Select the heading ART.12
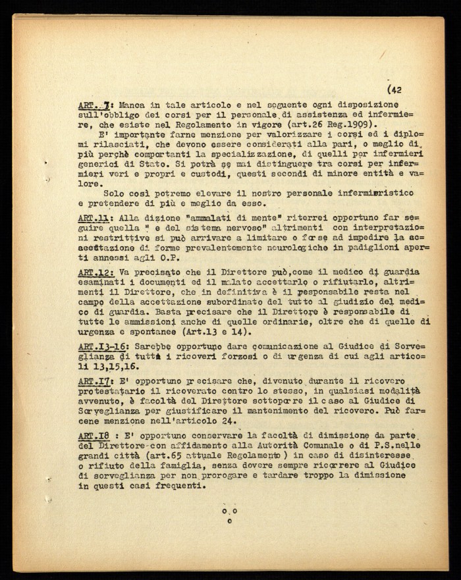tap(94, 272)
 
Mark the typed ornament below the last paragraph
tap(230, 514)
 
